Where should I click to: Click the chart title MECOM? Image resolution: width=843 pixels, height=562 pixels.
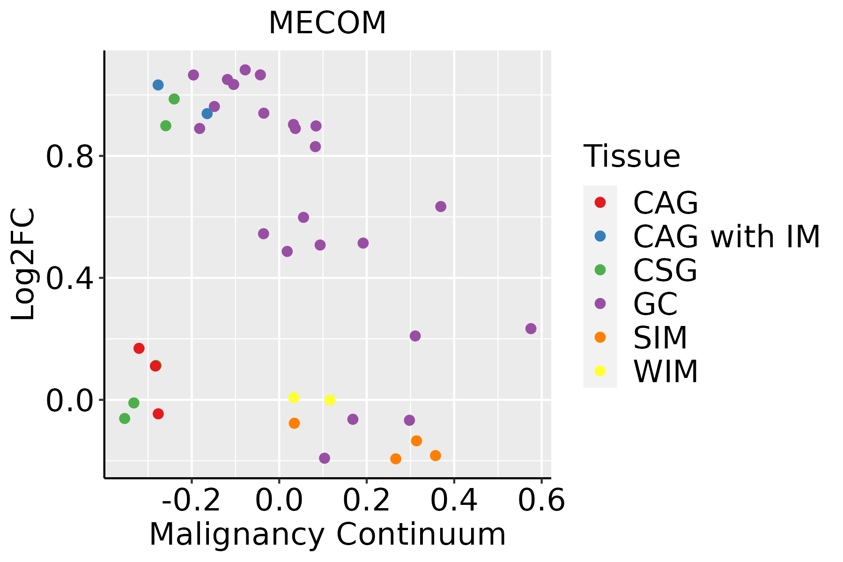[x=327, y=23]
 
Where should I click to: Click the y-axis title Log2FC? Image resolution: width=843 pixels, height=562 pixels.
[x=23, y=264]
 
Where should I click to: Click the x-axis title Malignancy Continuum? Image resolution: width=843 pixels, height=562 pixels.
[x=327, y=534]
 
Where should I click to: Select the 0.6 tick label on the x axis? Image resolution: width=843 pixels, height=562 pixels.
[x=541, y=501]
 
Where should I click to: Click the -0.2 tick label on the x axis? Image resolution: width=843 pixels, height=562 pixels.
[x=191, y=501]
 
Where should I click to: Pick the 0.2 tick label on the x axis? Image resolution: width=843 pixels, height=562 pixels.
[x=367, y=501]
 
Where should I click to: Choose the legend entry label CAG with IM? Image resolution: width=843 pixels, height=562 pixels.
[x=726, y=237]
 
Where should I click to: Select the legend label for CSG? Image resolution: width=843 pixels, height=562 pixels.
[x=665, y=270]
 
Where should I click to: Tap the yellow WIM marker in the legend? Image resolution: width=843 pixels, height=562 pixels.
[x=600, y=371]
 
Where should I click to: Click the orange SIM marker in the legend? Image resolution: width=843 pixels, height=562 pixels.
[x=600, y=337]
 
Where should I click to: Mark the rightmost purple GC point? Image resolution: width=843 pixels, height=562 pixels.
[x=531, y=329]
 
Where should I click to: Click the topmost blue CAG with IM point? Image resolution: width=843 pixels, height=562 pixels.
[x=158, y=85]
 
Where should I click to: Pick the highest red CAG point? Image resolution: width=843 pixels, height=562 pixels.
[x=139, y=348]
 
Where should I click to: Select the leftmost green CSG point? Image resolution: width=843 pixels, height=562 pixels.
[x=125, y=419]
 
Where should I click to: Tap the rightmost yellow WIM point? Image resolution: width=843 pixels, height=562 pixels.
[x=330, y=400]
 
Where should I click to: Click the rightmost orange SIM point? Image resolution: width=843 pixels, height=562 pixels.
[x=436, y=456]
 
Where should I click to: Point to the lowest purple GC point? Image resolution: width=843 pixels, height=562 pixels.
[x=325, y=458]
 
